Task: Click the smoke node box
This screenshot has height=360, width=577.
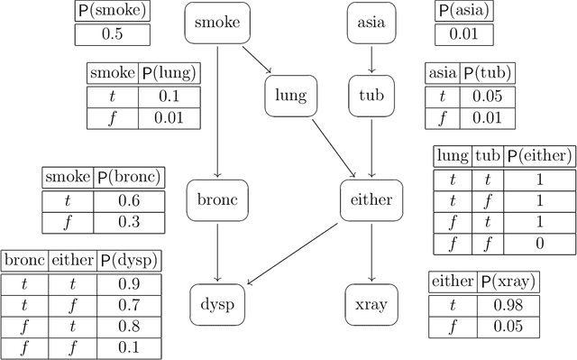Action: tap(217, 23)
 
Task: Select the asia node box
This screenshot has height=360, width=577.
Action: tap(372, 23)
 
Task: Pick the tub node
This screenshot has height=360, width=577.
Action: tap(372, 95)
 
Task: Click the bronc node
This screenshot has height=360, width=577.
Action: tap(217, 199)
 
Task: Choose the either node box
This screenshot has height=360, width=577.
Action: tap(372, 199)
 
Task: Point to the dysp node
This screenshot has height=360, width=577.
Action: tap(217, 304)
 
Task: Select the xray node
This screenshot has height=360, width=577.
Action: tap(372, 304)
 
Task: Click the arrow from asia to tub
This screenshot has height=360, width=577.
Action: tap(372, 59)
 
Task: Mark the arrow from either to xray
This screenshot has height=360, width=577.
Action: tap(372, 252)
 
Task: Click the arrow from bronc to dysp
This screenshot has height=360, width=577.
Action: tap(217, 252)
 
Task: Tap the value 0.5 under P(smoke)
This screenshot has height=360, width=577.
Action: tap(113, 34)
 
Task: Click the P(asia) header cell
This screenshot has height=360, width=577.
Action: tap(465, 12)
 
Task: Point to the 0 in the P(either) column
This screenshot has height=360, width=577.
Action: tap(538, 244)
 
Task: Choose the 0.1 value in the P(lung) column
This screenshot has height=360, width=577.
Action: tap(169, 97)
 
